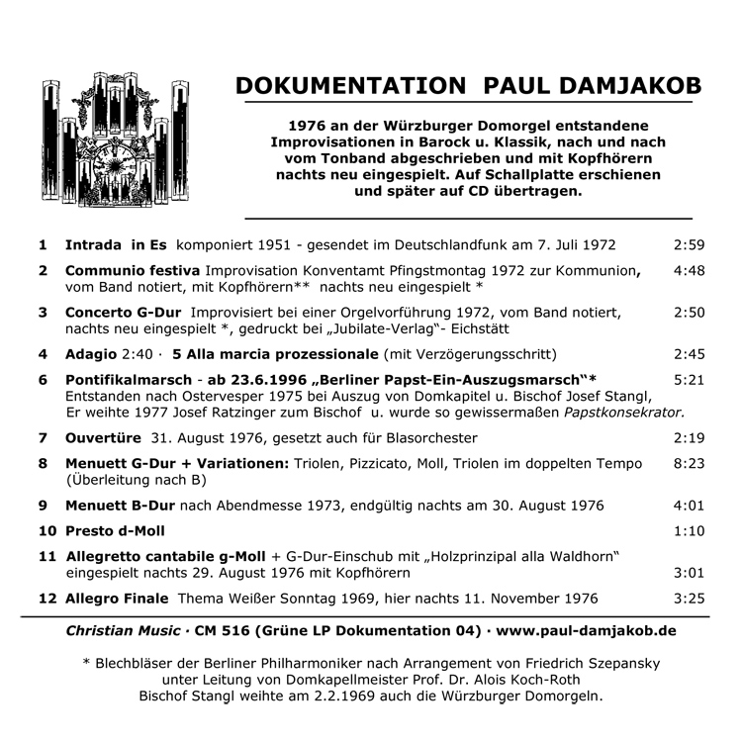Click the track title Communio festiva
pyautogui.click(x=133, y=269)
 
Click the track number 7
pyautogui.click(x=43, y=437)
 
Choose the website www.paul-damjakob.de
pyautogui.click(x=587, y=630)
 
